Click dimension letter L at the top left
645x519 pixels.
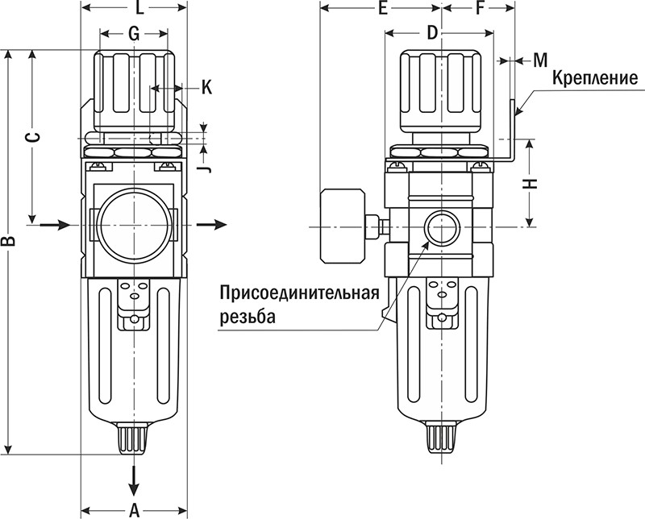139,10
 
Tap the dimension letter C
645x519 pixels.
33,137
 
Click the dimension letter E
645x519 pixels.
383,10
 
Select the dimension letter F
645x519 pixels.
481,10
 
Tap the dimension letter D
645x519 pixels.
432,33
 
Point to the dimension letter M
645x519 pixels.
540,60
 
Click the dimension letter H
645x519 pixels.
530,183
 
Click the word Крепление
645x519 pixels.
595,78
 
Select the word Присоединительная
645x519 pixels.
299,292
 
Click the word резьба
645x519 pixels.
247,317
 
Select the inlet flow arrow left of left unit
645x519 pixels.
54,225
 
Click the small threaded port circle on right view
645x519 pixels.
440,227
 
